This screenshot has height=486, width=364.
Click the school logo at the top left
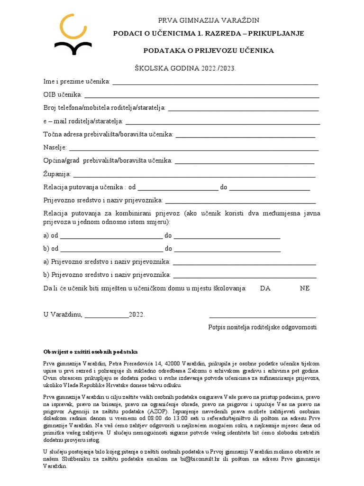[73, 36]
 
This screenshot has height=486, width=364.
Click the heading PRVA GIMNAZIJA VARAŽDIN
[209, 20]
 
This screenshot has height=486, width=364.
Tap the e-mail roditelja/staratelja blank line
[222, 123]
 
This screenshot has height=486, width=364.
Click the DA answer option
[265, 288]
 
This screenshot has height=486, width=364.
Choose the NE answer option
[305, 288]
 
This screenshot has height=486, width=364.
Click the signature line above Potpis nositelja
[263, 316]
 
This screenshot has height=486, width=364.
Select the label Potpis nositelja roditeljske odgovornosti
[263, 327]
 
